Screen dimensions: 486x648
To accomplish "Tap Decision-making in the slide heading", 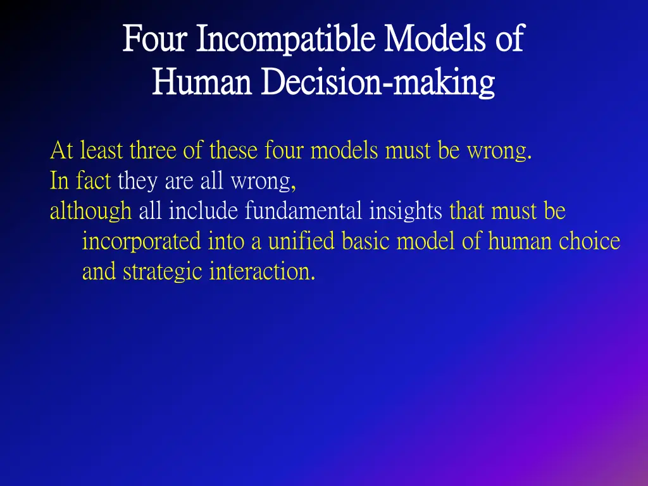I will (378, 82).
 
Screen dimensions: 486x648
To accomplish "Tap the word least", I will (102, 151).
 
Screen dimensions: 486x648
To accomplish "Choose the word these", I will (234, 151).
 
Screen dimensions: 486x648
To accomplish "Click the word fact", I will (93, 182).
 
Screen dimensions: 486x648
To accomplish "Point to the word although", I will (90, 211).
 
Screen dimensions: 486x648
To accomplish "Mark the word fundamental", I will (304, 211).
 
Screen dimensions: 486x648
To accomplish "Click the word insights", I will (406, 211).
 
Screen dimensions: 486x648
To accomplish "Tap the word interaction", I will (262, 272).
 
